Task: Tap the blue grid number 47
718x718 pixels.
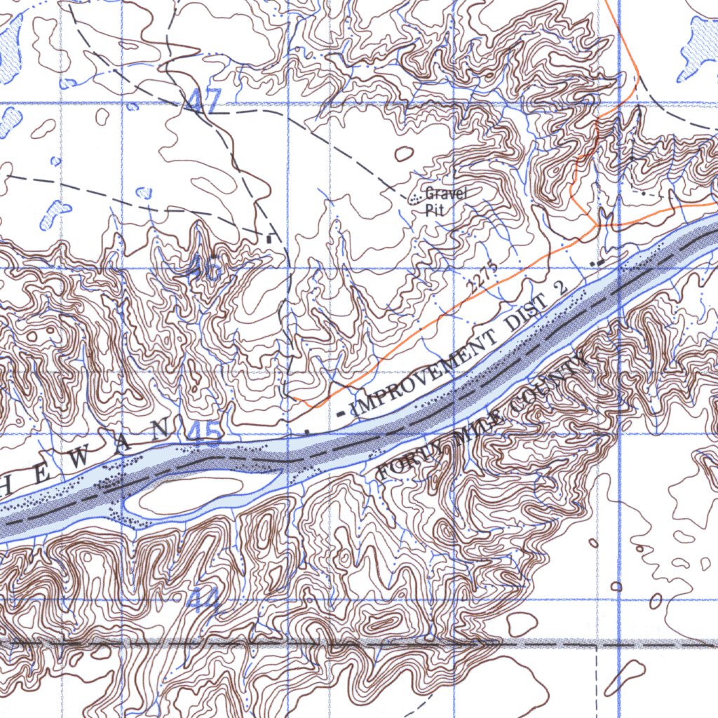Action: pos(204,101)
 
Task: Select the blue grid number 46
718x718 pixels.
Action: pos(205,267)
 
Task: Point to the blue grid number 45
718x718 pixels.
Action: pos(204,433)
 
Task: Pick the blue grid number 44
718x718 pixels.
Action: pos(203,600)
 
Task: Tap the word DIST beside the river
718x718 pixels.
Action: pos(527,315)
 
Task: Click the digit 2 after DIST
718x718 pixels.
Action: pos(560,287)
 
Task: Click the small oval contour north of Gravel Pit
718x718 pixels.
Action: pos(405,154)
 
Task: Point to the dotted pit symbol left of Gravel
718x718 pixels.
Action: pos(416,198)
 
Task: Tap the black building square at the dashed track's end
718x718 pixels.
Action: pos(269,239)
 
